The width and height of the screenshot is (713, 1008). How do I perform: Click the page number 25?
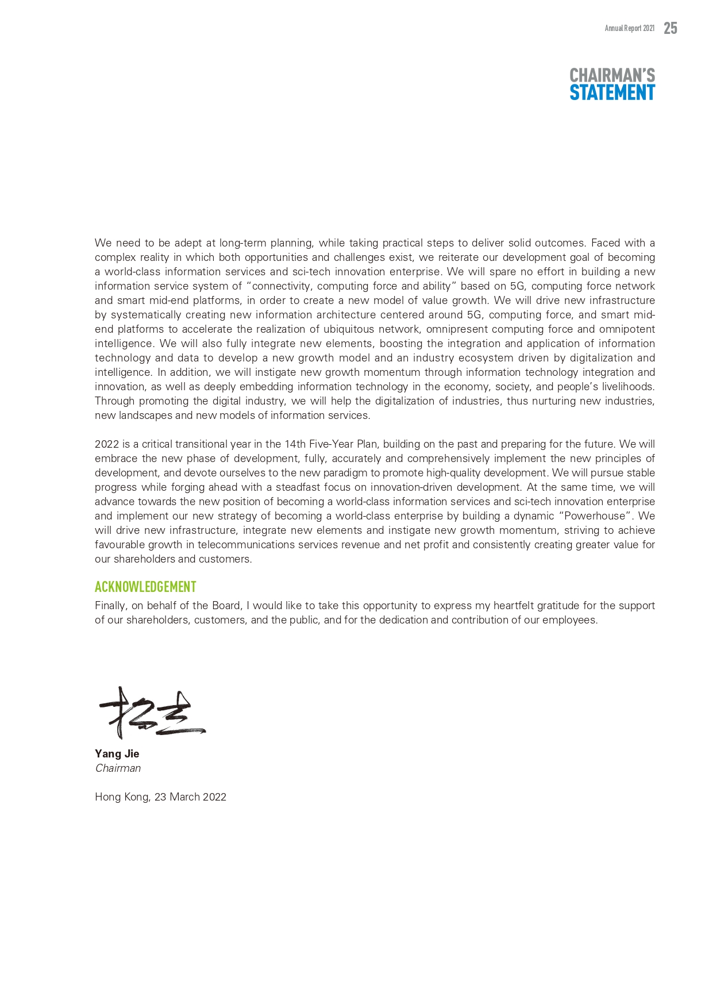(670, 28)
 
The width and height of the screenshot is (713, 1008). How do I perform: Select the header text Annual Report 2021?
(629, 28)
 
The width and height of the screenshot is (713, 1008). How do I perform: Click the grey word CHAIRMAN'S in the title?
(612, 75)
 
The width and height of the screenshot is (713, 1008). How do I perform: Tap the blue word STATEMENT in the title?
(612, 93)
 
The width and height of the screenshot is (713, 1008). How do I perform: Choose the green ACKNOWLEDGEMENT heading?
(145, 587)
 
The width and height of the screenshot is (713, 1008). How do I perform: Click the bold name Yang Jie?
(117, 753)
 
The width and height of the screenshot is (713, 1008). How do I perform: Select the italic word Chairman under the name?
(118, 768)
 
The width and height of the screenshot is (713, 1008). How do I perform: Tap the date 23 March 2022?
(190, 797)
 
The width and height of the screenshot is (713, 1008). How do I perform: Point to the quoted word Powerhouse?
(595, 516)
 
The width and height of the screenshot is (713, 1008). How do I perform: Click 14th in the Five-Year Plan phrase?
(295, 444)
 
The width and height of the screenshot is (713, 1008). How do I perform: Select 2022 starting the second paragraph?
(107, 444)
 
